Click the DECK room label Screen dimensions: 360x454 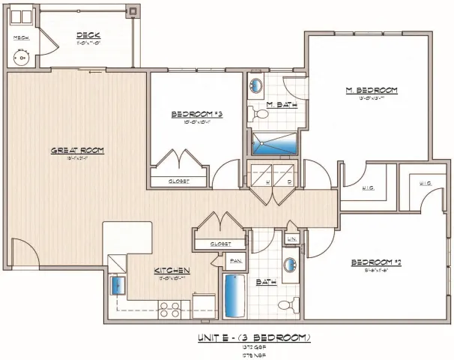pyautogui.click(x=88, y=34)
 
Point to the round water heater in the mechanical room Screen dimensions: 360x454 pyautogui.click(x=22, y=56)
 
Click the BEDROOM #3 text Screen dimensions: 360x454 pyautogui.click(x=197, y=114)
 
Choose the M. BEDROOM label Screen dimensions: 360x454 pyautogui.click(x=370, y=90)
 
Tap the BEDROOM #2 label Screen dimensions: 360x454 pyautogui.click(x=377, y=262)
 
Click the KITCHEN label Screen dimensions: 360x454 pyautogui.click(x=172, y=270)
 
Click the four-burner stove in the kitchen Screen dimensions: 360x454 pyautogui.click(x=169, y=306)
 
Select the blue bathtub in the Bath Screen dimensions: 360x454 pyautogui.click(x=234, y=296)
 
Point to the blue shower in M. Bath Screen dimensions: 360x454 pyautogui.click(x=273, y=142)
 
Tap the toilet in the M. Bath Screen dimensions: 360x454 pyautogui.click(x=260, y=115)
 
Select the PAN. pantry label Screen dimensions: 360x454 pyautogui.click(x=234, y=260)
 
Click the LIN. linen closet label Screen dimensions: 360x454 pyautogui.click(x=292, y=238)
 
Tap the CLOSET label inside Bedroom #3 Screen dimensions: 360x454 pyautogui.click(x=178, y=181)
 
